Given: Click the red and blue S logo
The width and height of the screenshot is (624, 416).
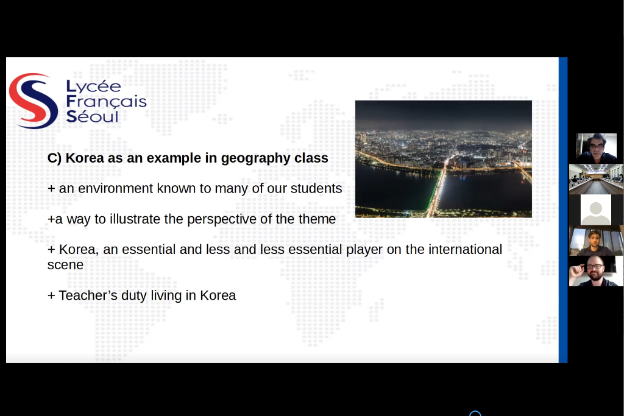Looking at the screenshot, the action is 34,100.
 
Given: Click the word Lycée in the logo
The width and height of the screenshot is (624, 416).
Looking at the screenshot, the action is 93,86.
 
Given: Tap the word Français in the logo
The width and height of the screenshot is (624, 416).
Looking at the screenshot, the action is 106,102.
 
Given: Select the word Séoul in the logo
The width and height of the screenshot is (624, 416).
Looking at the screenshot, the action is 93,116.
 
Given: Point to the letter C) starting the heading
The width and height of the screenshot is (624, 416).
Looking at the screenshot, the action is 54,158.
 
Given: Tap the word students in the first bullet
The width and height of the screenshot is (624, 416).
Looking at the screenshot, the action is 316,188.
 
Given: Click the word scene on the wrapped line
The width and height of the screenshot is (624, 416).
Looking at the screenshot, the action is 65,265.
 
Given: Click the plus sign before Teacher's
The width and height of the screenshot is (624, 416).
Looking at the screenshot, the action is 51,296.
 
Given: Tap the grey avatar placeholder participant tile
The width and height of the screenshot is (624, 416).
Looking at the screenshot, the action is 596,210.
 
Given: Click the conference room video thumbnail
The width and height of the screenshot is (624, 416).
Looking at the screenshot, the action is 596,179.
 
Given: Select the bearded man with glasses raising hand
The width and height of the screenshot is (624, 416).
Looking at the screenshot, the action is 596,271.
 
